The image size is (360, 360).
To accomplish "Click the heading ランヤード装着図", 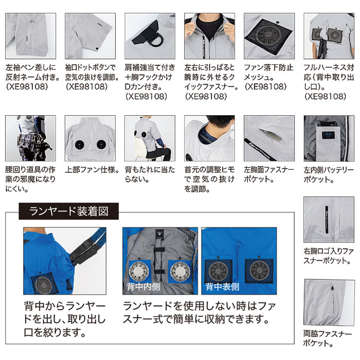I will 68,211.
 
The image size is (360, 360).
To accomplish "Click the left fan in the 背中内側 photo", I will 139,269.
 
